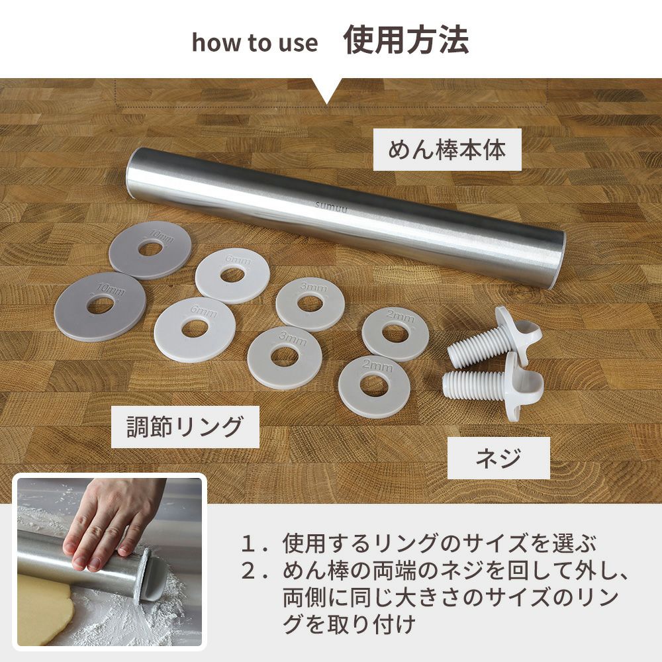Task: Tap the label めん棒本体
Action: (447, 150)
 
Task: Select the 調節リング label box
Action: (185, 427)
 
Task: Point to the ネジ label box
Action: (498, 458)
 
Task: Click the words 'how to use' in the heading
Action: (255, 42)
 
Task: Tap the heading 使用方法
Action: (406, 40)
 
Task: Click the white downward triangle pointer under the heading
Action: (326, 90)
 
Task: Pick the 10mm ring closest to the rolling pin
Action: (150, 250)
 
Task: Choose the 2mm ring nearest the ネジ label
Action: (374, 387)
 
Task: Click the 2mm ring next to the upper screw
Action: (396, 334)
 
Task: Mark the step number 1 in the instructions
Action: (248, 544)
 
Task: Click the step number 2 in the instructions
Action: (248, 571)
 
